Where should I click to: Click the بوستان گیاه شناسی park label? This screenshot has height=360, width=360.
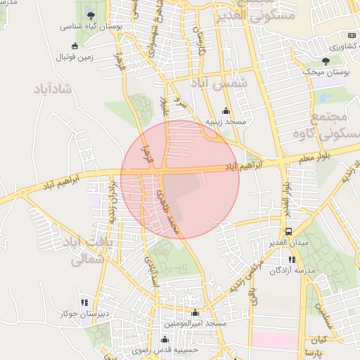click(87, 26)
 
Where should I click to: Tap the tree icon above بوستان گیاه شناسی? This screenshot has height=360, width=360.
click(91, 15)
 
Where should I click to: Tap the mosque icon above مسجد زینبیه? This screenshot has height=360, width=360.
click(226, 110)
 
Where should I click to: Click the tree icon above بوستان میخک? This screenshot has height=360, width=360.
click(325, 61)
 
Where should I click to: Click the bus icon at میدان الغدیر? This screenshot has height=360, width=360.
click(288, 231)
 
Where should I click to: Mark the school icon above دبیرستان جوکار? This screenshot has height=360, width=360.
click(84, 302)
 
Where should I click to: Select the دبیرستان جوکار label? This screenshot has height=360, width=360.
click(83, 314)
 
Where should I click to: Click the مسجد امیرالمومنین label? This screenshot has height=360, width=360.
click(195, 323)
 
